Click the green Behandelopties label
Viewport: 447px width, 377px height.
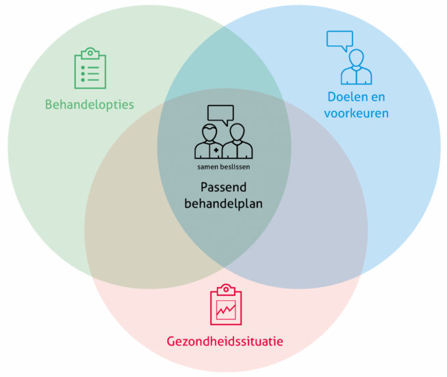pos(90,105)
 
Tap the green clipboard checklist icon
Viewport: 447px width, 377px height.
pos(90,68)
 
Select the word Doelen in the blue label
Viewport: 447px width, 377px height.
pos(345,97)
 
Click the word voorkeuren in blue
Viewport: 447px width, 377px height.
pos(357,113)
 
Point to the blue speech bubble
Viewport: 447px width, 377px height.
pos(340,39)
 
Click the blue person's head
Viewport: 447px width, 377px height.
pos(357,58)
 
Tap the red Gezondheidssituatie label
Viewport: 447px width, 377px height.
pos(225,341)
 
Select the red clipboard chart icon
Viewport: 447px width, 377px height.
pos(226,304)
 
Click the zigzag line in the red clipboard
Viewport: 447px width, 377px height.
pos(226,310)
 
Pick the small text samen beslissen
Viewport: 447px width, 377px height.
pos(223,167)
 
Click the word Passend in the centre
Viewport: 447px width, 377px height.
pos(223,188)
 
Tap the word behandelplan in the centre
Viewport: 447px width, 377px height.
pos(223,204)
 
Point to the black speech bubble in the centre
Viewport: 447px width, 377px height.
pos(220,113)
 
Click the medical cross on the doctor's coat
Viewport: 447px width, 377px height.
pos(216,150)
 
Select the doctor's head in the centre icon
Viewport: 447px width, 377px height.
pos(209,132)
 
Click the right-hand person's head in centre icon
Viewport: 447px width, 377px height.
pos(237,132)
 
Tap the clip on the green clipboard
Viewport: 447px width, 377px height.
pos(90,53)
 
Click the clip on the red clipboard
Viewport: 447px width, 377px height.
pos(226,290)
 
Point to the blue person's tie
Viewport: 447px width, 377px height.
pos(357,77)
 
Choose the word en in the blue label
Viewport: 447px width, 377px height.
pos(378,97)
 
